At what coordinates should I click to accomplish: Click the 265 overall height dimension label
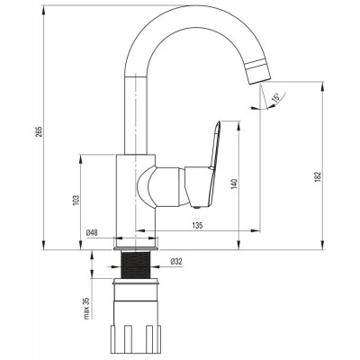[40, 131]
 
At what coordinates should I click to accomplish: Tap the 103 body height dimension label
[76, 201]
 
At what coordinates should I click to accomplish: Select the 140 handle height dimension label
[234, 184]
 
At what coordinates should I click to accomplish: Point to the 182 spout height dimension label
[319, 175]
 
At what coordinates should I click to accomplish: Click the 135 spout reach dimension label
[197, 225]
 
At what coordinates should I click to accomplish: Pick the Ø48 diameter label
[92, 232]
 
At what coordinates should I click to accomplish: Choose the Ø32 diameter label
[176, 262]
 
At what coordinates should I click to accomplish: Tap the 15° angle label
[275, 97]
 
